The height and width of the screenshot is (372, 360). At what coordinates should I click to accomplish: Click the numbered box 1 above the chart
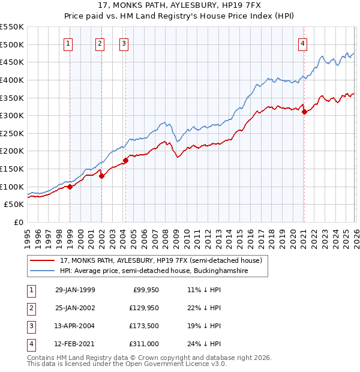click(68, 43)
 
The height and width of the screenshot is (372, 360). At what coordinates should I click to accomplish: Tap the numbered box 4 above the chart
click(304, 43)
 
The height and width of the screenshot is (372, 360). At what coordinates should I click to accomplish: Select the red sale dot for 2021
click(304, 111)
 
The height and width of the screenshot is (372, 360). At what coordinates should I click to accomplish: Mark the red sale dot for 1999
click(70, 187)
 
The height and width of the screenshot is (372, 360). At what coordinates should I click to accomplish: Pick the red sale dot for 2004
click(125, 160)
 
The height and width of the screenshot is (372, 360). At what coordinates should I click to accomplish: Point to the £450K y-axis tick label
click(11, 62)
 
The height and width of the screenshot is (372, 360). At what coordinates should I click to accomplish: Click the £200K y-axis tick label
click(11, 151)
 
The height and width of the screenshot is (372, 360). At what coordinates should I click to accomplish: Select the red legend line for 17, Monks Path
click(43, 260)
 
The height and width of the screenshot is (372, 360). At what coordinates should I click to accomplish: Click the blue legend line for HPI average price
click(43, 271)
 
